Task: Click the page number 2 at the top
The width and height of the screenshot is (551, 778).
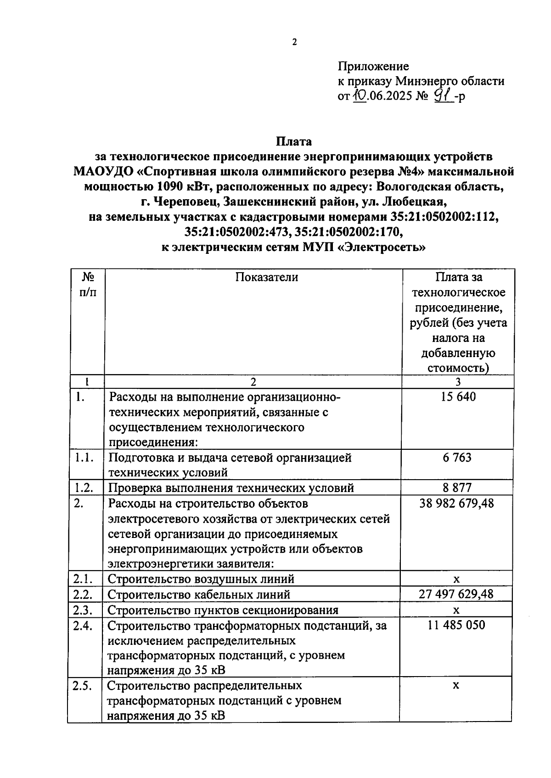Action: point(294,43)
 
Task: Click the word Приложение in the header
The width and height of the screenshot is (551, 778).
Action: point(373,67)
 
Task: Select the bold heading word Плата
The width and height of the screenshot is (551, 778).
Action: point(294,141)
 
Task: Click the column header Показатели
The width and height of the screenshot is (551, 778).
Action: point(267,277)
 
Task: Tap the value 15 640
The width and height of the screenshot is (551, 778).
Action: point(458,397)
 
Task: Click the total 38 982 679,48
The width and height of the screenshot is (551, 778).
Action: point(457,504)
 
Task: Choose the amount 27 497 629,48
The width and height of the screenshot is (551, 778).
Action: point(456,594)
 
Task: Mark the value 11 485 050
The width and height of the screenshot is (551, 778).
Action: point(456,625)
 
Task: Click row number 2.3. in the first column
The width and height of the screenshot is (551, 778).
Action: point(83,610)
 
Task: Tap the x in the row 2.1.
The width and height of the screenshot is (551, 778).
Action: point(456,579)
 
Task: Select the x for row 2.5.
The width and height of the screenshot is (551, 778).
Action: point(456,686)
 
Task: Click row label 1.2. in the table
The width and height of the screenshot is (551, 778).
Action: point(84,487)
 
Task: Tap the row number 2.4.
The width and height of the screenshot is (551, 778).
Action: point(83,625)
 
